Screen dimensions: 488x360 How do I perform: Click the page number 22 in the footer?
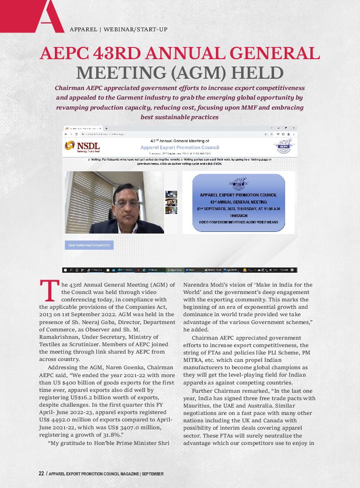click(x=41, y=474)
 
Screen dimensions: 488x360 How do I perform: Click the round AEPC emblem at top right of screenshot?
click(x=284, y=146)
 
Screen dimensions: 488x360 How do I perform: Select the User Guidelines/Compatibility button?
click(x=89, y=245)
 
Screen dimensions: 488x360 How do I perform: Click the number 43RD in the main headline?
click(x=117, y=53)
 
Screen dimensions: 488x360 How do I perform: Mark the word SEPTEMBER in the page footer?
click(x=153, y=474)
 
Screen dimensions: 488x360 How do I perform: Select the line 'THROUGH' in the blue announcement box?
click(x=239, y=215)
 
